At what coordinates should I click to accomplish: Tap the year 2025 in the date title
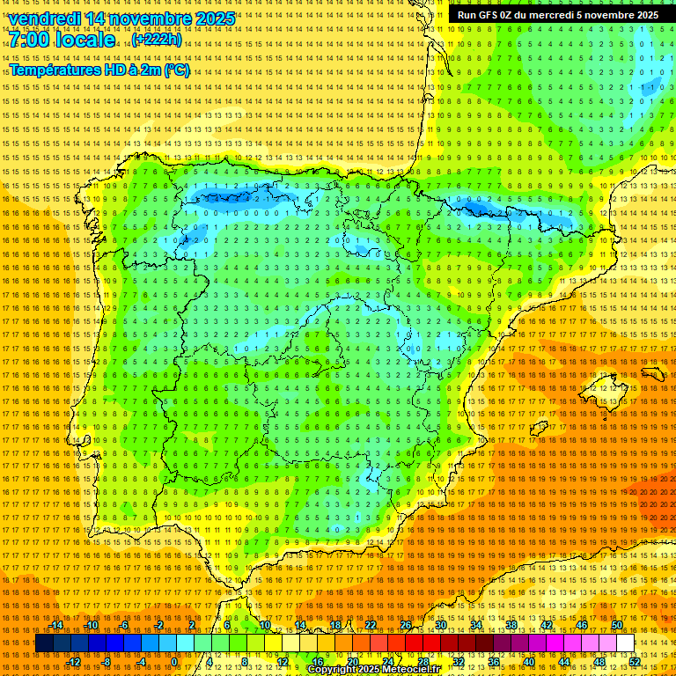point(214,18)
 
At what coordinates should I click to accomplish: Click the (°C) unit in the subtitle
point(176,70)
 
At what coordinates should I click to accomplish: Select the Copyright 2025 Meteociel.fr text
point(373,669)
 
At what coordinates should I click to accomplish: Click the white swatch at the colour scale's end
point(625,643)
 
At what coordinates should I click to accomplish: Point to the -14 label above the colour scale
point(56,625)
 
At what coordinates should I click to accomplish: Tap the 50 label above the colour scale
point(618,625)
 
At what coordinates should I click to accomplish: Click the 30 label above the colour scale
point(441,625)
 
